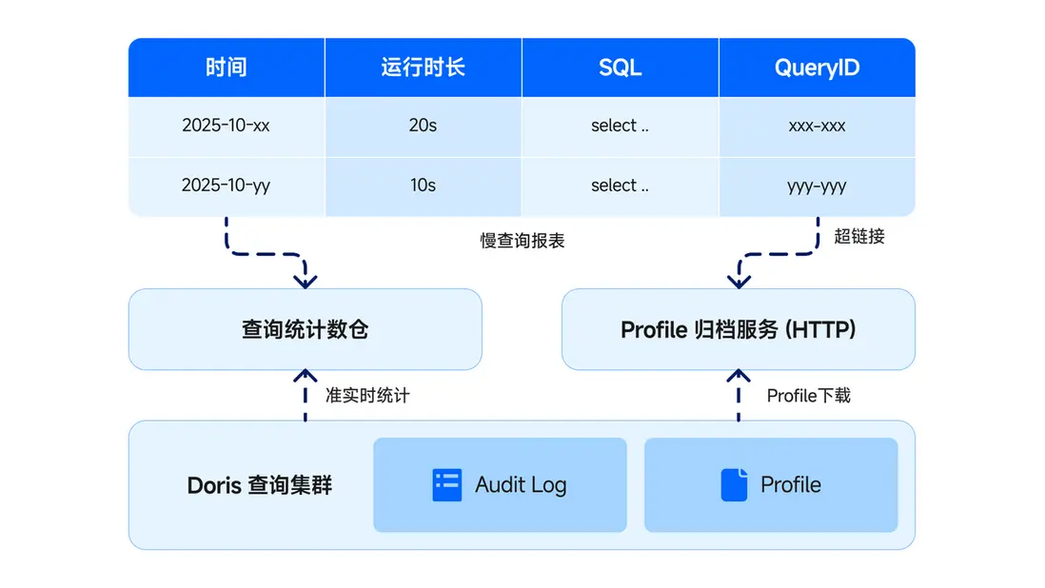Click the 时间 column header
(x=226, y=68)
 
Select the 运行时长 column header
(x=423, y=68)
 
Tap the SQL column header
(x=620, y=68)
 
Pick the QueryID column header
(x=817, y=68)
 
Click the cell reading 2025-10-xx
(x=226, y=126)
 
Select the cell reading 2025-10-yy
(x=226, y=186)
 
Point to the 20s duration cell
(x=423, y=126)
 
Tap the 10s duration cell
(x=423, y=186)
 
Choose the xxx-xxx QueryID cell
(x=817, y=126)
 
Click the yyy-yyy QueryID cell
(x=817, y=186)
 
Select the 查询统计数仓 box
(x=305, y=329)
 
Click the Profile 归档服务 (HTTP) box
(x=738, y=329)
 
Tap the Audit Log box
(x=500, y=484)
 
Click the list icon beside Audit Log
(x=446, y=484)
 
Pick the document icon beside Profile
(x=734, y=484)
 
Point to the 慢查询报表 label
(x=522, y=242)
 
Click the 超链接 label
(x=859, y=237)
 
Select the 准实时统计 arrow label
(x=367, y=395)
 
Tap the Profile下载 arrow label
(x=809, y=395)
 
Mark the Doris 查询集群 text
(x=260, y=484)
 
